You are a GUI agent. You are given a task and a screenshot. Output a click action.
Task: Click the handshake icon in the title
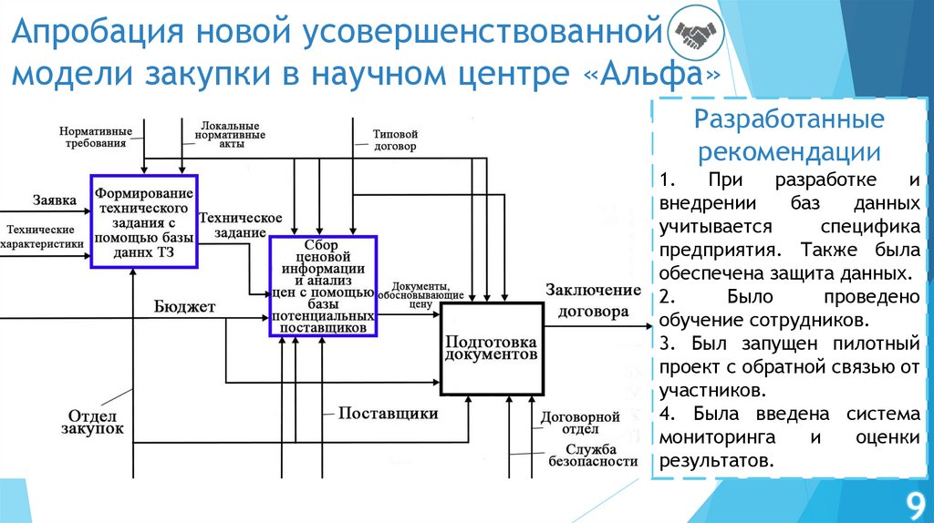692,36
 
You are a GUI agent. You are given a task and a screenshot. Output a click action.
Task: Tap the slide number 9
912,503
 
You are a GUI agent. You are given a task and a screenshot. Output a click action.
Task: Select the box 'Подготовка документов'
492,348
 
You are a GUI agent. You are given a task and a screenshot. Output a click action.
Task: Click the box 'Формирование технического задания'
144,221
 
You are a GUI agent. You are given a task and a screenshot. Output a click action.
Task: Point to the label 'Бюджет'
184,306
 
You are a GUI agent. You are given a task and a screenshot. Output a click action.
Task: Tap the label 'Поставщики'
389,414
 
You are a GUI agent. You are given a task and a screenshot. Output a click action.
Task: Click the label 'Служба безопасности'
590,455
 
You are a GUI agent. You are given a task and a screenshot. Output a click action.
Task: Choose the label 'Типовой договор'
394,139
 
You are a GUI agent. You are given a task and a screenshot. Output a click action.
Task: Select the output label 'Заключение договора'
593,300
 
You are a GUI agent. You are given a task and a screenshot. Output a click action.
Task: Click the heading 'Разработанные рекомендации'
788,134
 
